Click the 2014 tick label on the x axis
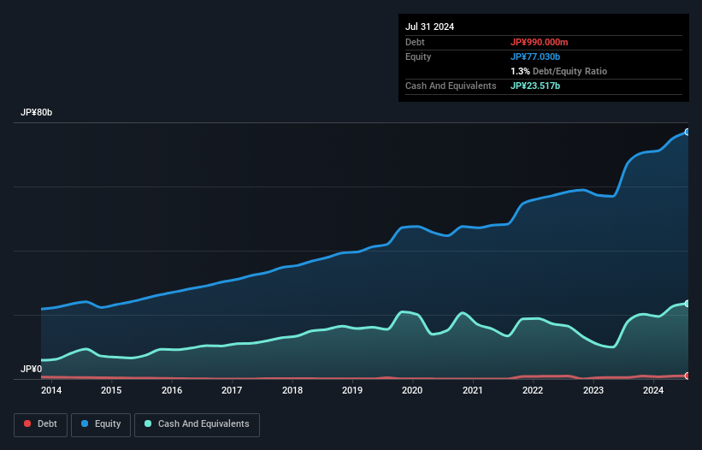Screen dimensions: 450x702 coord(51,391)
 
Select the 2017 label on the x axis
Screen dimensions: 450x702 coord(232,391)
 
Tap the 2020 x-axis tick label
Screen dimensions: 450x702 coord(412,391)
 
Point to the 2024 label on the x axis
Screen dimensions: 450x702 coord(653,391)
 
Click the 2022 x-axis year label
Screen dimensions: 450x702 coord(533,391)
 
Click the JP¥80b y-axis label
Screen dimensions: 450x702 coord(37,113)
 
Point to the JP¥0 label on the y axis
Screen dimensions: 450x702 coord(31,369)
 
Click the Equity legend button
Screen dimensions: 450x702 coord(101,424)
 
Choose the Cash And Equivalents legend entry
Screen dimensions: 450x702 coord(197,424)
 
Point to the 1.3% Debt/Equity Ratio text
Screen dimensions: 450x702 coord(558,71)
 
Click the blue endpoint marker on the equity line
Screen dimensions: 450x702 coord(687,132)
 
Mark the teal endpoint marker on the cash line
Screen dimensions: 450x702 coord(687,304)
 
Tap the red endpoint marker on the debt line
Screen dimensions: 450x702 coord(687,376)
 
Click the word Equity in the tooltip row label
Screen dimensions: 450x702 coord(418,56)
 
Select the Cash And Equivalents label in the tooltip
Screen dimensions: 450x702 coord(451,86)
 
